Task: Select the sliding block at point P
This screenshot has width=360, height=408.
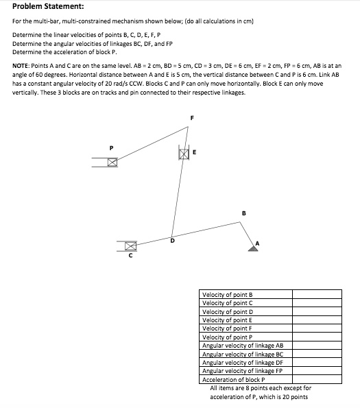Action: pos(112,162)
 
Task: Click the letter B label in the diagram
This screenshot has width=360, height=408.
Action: pos(243,213)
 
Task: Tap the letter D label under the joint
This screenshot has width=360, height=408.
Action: pos(172,241)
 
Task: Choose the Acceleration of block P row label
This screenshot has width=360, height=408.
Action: pos(234,379)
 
